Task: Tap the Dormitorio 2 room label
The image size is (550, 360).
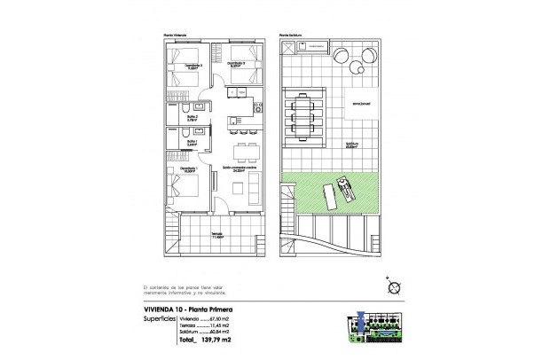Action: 235,64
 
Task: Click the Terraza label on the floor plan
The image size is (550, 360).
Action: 216,235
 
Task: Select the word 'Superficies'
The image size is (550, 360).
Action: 159,317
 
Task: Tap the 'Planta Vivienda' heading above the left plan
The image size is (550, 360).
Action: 175,36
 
